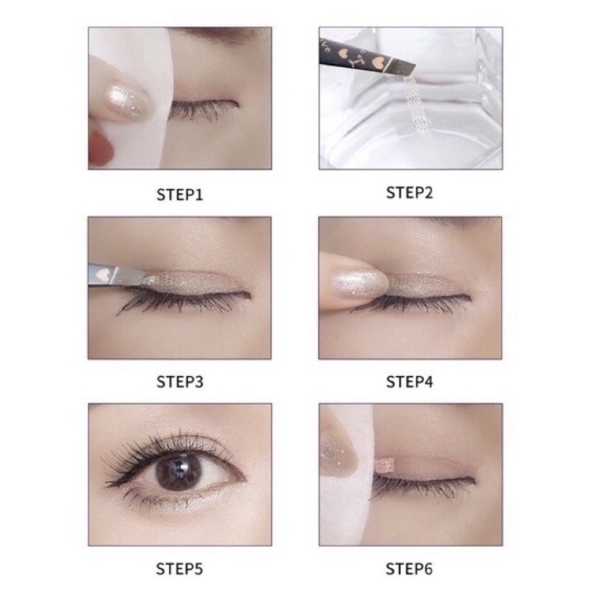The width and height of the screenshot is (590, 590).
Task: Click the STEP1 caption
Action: click(x=179, y=195)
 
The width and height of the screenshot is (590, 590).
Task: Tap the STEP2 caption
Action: click(x=409, y=192)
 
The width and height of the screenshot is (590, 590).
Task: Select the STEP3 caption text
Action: click(x=180, y=382)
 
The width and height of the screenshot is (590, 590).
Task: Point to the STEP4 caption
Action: click(x=409, y=382)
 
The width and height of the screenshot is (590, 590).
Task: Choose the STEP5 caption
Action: click(x=179, y=569)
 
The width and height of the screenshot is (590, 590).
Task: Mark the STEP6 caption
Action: click(x=409, y=569)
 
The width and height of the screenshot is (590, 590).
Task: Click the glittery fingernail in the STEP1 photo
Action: click(x=127, y=101)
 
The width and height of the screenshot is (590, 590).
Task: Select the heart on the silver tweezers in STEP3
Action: click(x=102, y=274)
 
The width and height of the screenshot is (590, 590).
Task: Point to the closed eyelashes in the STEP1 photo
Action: click(x=204, y=109)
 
